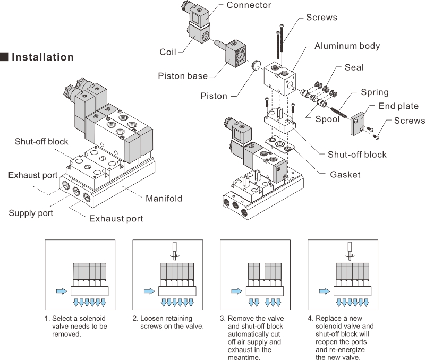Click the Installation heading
42,57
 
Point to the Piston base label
183,76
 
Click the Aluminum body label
347,46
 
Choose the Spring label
375,92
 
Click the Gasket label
345,175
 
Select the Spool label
327,119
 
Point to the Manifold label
164,199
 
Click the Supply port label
31,213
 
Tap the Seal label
354,67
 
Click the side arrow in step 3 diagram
236,291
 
